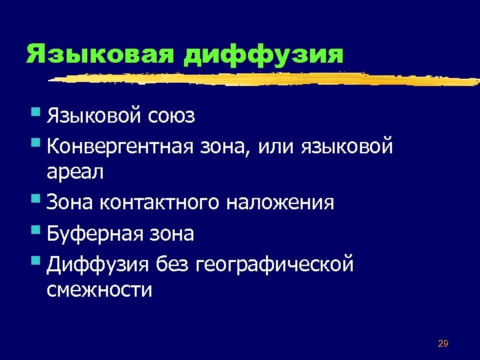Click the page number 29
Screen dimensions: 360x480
[x=443, y=343]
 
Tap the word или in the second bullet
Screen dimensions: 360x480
[x=275, y=145]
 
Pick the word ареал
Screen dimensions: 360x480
[x=75, y=172]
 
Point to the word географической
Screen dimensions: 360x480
[x=275, y=265]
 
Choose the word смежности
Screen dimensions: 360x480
[x=99, y=291]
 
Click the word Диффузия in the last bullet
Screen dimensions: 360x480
[x=98, y=265]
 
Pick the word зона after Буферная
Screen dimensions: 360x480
[x=172, y=234]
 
